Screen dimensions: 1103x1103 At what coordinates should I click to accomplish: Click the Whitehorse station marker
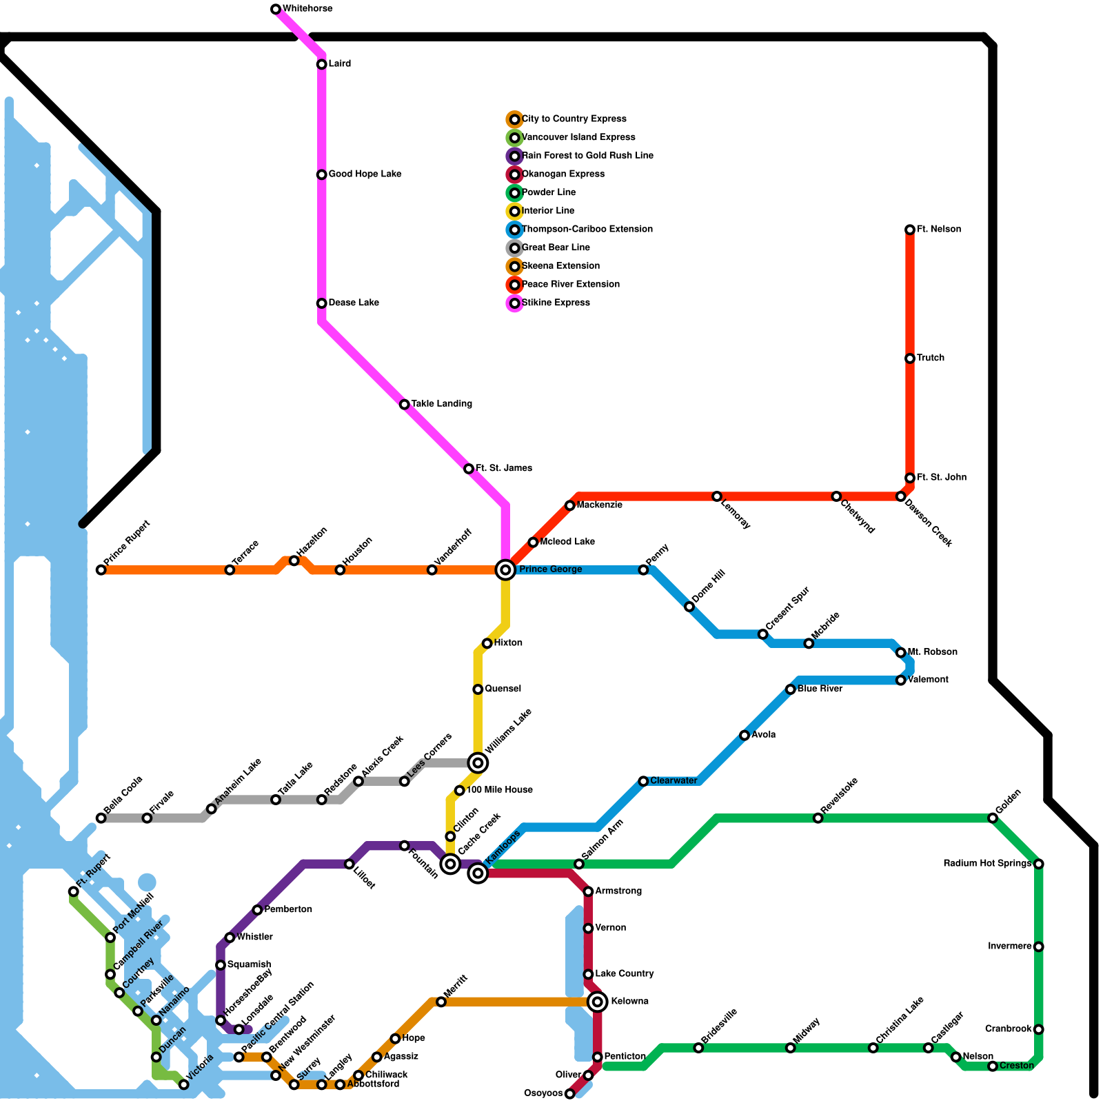276,9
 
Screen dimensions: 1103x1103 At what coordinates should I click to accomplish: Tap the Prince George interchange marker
505,569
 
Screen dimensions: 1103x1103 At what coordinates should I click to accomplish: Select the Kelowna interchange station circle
598,1001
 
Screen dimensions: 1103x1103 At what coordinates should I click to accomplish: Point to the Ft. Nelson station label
938,230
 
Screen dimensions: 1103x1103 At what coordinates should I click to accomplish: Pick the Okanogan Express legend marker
514,174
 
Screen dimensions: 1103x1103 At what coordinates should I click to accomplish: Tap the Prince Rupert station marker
101,569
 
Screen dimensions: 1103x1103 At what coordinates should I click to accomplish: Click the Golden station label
1009,801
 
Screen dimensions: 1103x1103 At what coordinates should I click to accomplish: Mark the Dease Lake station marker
321,303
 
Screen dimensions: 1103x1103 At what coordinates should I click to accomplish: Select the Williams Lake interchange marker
478,762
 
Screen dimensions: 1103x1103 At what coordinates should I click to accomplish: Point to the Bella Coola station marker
101,818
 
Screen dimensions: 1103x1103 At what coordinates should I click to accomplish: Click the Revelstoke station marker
818,818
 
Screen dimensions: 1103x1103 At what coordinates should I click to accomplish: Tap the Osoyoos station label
543,1093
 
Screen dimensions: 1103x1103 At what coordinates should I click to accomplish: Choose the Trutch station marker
910,358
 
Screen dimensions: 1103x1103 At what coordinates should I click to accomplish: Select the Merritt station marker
441,1002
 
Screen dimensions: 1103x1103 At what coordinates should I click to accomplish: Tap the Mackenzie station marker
569,505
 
